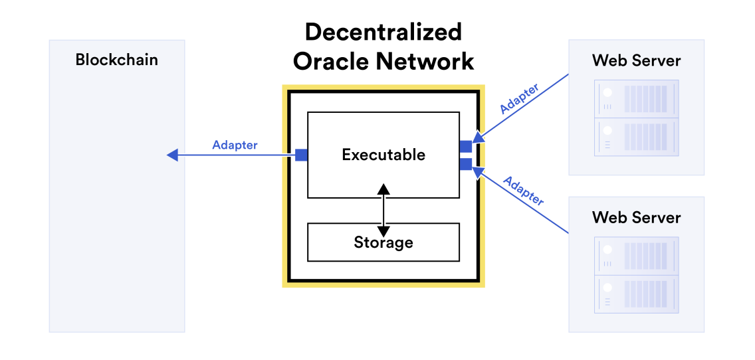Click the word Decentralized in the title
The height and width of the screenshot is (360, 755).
coord(383,33)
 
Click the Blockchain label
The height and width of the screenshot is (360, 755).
coord(117,60)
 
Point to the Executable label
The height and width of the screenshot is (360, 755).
coord(383,155)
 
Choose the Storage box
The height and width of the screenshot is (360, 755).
coord(383,242)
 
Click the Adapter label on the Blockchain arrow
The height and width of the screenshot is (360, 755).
coord(235,145)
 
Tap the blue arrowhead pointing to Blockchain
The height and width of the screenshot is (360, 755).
coord(171,155)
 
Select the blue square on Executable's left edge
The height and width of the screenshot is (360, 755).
coord(301,155)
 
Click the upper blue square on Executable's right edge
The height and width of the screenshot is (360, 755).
coord(466,146)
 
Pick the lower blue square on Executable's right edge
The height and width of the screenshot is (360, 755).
coord(466,163)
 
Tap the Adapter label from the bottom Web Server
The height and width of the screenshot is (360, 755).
coord(523,191)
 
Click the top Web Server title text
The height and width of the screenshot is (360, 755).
coord(636,60)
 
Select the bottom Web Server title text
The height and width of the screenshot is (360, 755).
coord(636,217)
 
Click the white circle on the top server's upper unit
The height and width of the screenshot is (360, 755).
coord(607,93)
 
